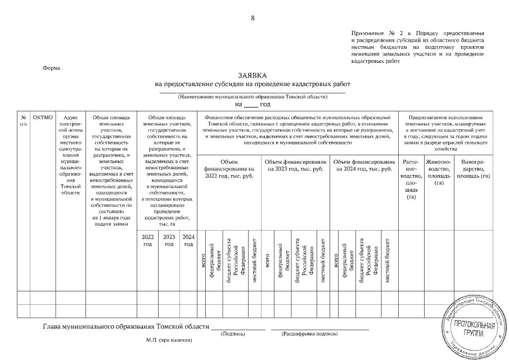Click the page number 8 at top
(253, 19)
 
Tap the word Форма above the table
(52, 68)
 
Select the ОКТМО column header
(43, 117)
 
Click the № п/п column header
(23, 120)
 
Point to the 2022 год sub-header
(148, 240)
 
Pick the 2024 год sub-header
(188, 240)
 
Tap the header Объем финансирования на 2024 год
(364, 165)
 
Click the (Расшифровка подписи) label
(309, 334)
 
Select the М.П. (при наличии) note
(169, 341)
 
